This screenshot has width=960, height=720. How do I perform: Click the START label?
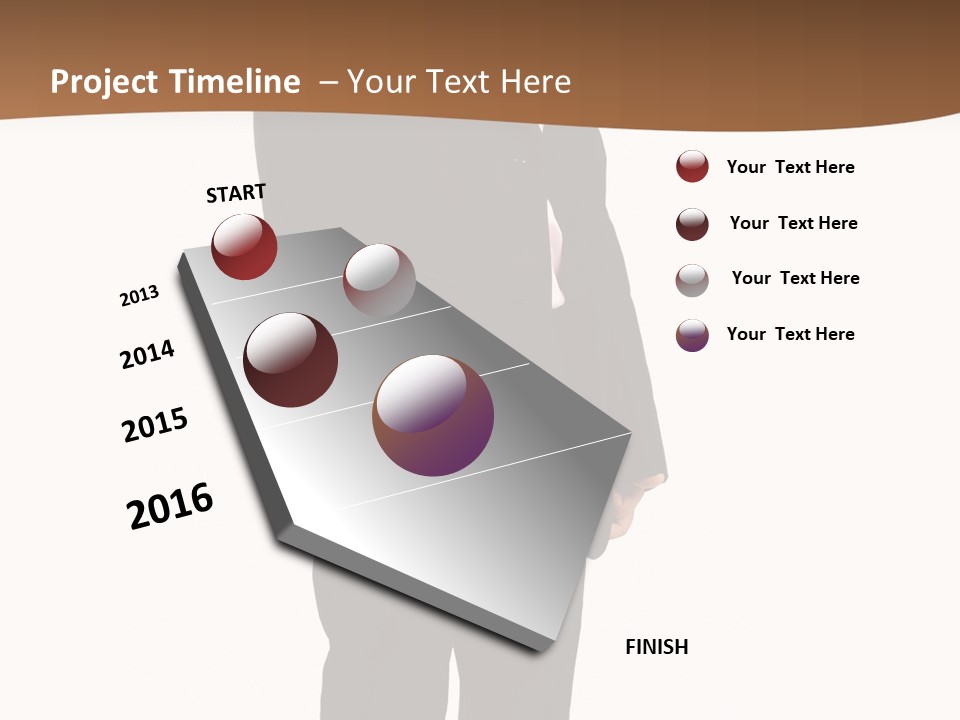tap(236, 193)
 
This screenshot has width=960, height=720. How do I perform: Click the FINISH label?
tap(657, 647)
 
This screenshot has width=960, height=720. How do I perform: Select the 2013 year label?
tap(139, 296)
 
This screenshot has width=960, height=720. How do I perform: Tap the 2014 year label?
tap(147, 354)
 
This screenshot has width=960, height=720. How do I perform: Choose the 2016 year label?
tap(170, 506)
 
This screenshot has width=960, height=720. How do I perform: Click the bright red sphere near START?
tap(244, 247)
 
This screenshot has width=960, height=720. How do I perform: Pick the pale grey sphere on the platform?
tap(379, 279)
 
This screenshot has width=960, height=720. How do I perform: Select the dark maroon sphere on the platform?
tap(290, 360)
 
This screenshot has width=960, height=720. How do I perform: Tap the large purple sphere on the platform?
tap(433, 415)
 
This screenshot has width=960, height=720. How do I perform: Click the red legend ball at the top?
tap(692, 167)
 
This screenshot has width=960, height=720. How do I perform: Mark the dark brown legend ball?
tap(692, 224)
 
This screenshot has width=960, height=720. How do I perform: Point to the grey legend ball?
tap(692, 280)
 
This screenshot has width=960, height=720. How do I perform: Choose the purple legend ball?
tap(692, 335)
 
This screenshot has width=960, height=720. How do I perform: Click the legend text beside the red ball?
tap(790, 167)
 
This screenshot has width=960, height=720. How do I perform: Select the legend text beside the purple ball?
tap(790, 334)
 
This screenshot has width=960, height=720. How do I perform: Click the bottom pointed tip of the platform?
tap(540, 648)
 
